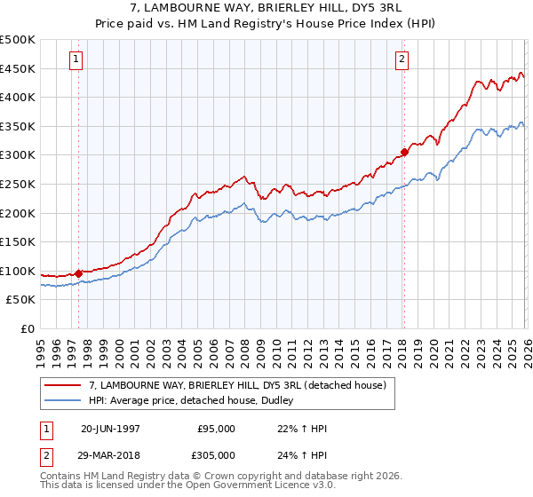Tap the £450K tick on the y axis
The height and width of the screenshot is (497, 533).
pyautogui.click(x=18, y=68)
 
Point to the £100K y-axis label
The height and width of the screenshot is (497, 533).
pyautogui.click(x=18, y=272)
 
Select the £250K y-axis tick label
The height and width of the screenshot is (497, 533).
pyautogui.click(x=18, y=185)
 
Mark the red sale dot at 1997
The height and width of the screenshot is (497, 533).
pyautogui.click(x=79, y=273)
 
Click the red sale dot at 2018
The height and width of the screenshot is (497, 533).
pyautogui.click(x=404, y=152)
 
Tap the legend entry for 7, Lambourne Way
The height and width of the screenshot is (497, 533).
pyautogui.click(x=237, y=385)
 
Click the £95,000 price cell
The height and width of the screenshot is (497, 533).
pyautogui.click(x=216, y=429)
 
